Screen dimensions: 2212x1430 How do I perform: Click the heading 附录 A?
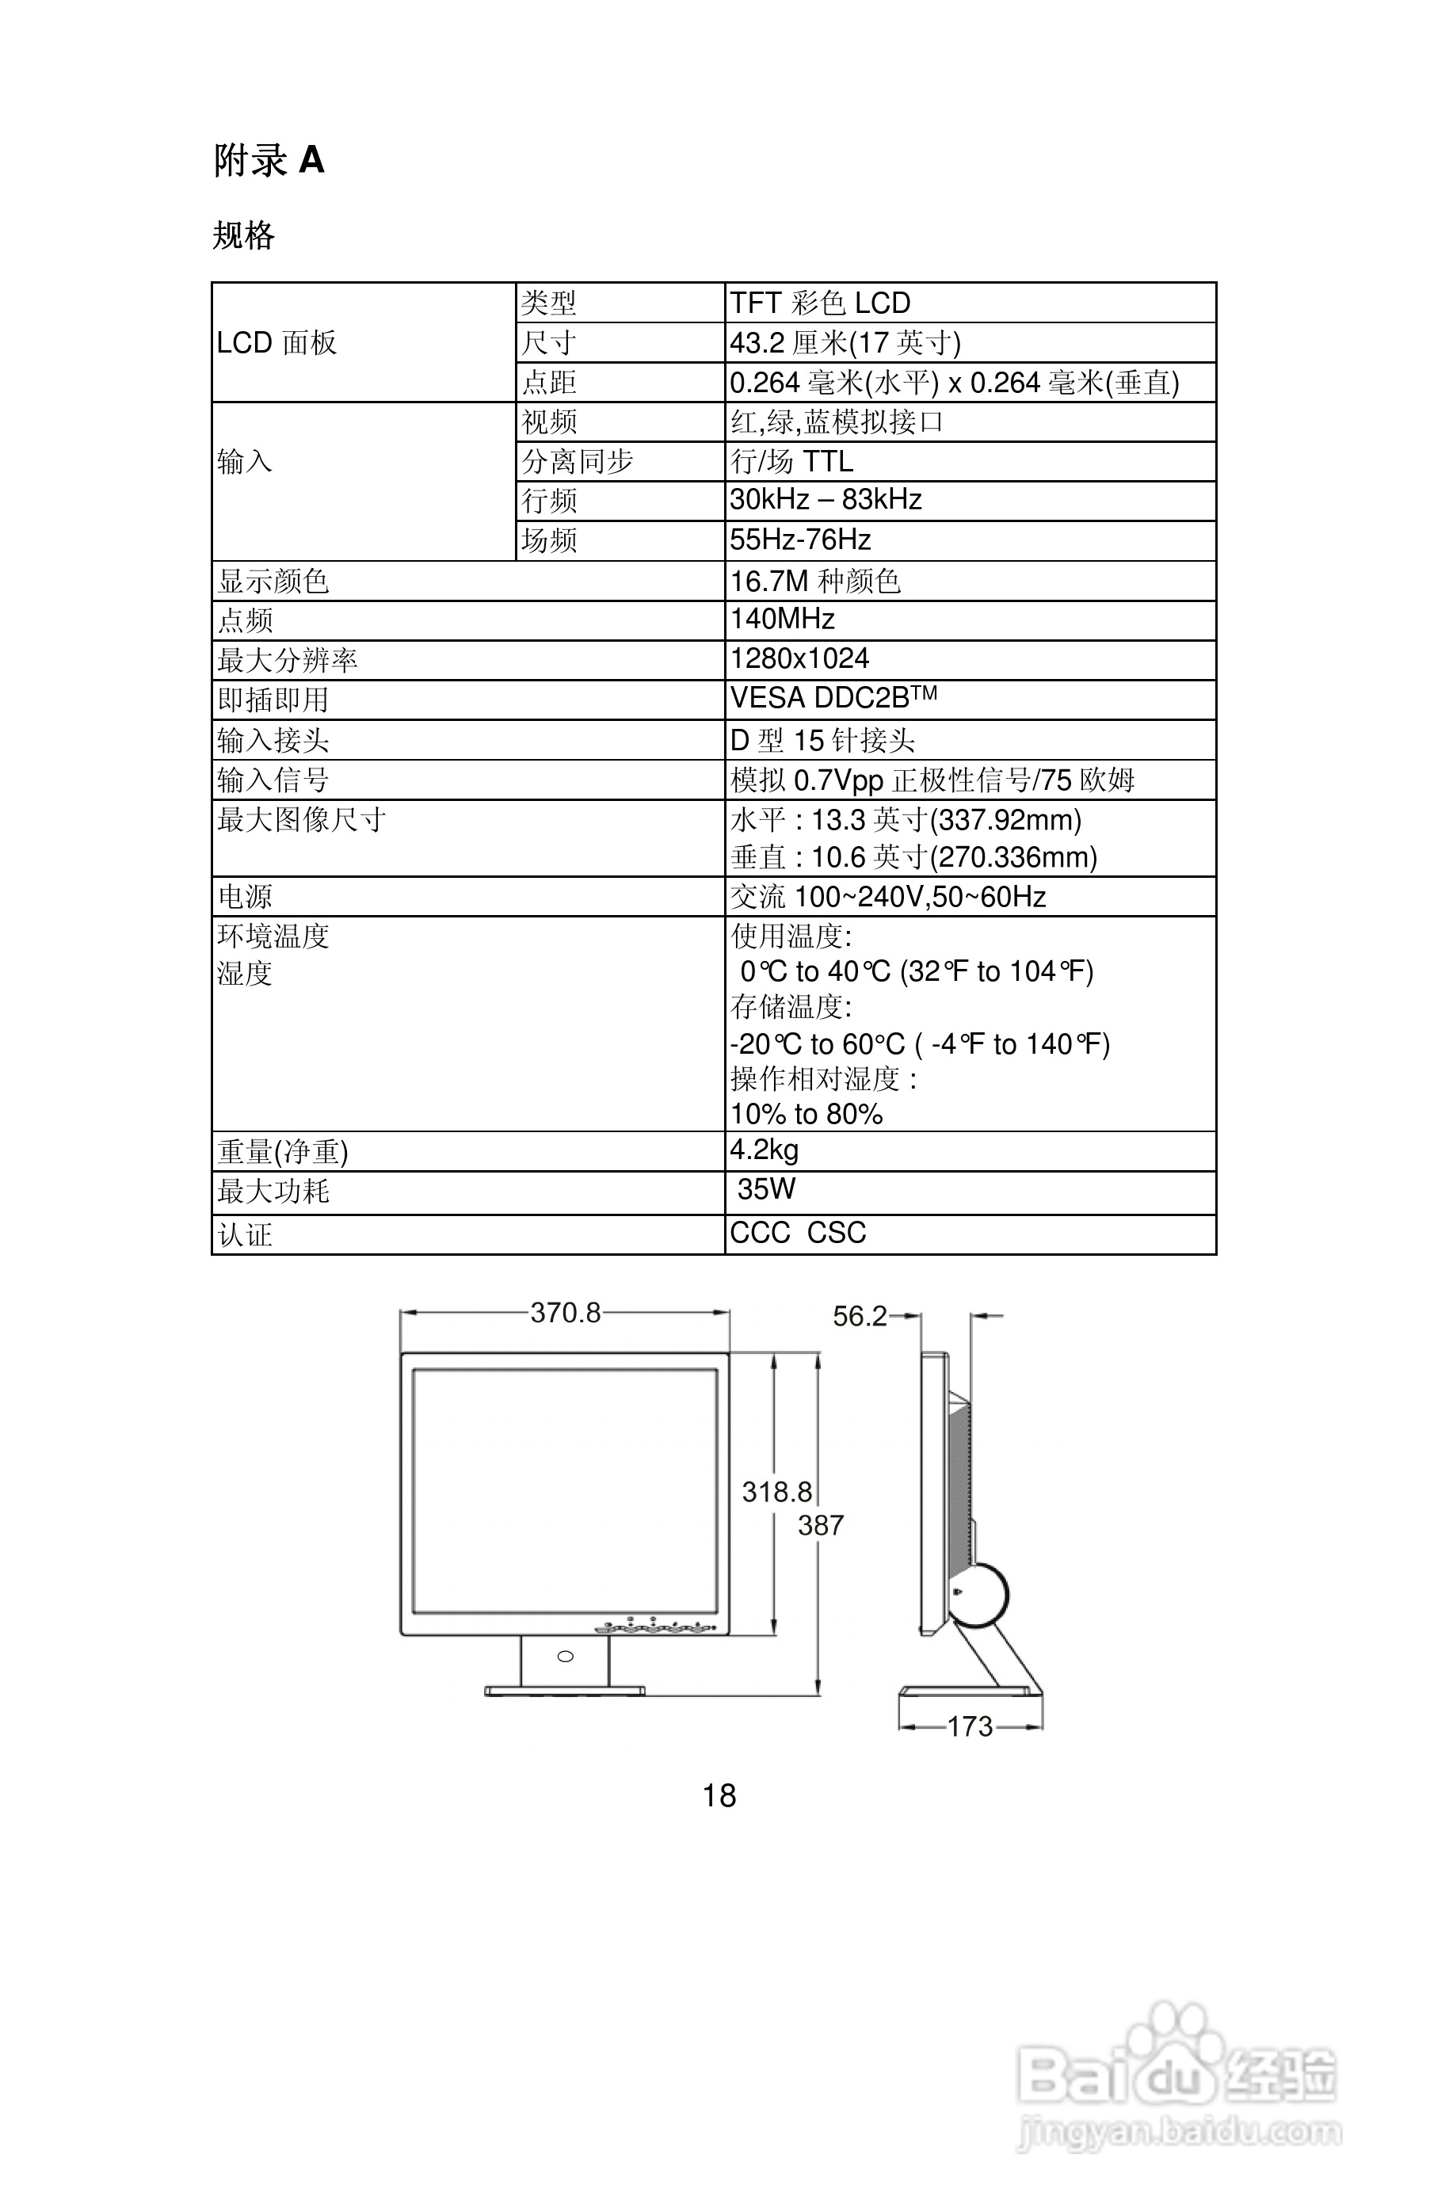pyautogui.click(x=269, y=161)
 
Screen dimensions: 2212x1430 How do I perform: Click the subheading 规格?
pyautogui.click(x=243, y=235)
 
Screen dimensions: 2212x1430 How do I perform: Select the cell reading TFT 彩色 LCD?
pyautogui.click(x=819, y=303)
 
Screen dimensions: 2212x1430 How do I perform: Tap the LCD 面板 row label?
pyautogui.click(x=276, y=343)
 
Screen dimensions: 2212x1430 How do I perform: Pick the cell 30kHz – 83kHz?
pyautogui.click(x=825, y=500)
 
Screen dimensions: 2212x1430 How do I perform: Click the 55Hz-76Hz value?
pyautogui.click(x=799, y=540)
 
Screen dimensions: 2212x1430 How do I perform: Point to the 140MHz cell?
pyautogui.click(x=782, y=619)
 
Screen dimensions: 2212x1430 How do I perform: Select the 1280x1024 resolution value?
pyautogui.click(x=799, y=658)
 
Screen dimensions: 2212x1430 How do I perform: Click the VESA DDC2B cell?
pyautogui.click(x=832, y=697)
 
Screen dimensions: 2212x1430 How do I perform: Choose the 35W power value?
pyautogui.click(x=766, y=1189)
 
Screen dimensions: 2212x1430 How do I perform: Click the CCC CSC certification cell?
pyautogui.click(x=798, y=1234)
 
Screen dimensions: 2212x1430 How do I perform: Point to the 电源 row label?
pyautogui.click(x=244, y=896)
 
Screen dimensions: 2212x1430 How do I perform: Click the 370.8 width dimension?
pyautogui.click(x=565, y=1312)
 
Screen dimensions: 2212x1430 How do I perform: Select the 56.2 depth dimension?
pyautogui.click(x=859, y=1316)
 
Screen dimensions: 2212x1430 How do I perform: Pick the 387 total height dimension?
pyautogui.click(x=821, y=1525)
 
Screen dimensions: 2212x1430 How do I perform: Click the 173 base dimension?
pyautogui.click(x=970, y=1726)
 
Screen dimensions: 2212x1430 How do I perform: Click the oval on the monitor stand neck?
pyautogui.click(x=565, y=1657)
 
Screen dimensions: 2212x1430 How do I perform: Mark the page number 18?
pyautogui.click(x=719, y=1795)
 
